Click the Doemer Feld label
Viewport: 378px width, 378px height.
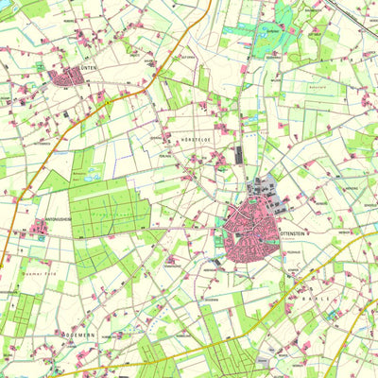click(35, 273)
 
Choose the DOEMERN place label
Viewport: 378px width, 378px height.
click(79, 335)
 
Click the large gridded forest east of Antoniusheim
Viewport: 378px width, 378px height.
click(109, 213)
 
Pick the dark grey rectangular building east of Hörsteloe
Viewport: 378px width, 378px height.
click(238, 156)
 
